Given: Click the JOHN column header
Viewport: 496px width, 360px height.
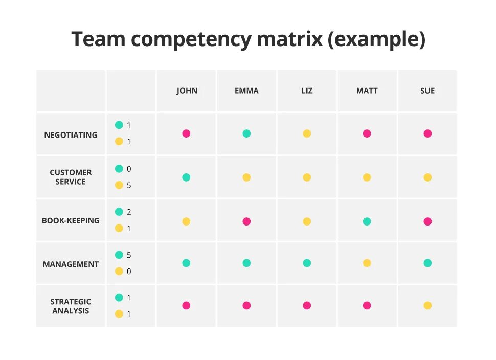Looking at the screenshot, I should click(187, 91).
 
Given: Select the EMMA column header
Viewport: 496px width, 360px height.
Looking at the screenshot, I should click(246, 91).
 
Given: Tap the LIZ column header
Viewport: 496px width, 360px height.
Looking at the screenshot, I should click(307, 91).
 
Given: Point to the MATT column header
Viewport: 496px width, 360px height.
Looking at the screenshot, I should click(367, 91).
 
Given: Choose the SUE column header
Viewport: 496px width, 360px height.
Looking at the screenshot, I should click(427, 91).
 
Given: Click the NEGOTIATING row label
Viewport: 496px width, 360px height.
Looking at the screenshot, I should click(71, 135).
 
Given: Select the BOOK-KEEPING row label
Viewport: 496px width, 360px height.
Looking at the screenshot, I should click(71, 221).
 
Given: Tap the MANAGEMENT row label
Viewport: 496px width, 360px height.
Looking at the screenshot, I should click(71, 264).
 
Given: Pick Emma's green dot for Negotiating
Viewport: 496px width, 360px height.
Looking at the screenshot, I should click(246, 133).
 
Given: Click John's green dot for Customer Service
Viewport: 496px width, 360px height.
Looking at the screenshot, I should click(186, 177).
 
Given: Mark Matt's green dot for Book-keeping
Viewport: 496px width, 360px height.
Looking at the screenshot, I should click(367, 221).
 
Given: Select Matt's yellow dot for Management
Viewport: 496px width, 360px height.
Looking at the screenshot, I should click(367, 263).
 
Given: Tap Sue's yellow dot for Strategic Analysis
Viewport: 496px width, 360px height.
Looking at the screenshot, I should click(427, 305).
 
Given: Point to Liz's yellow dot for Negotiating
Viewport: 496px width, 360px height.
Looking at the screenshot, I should click(307, 133).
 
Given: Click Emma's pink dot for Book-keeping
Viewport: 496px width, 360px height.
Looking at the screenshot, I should click(246, 221).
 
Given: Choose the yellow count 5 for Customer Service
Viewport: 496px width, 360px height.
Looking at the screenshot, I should click(129, 186).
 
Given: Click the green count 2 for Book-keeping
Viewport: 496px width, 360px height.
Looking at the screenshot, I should click(129, 212).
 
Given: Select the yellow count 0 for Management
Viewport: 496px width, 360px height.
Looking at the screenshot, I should click(129, 272).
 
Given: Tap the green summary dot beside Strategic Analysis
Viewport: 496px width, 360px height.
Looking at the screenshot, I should click(119, 297).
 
